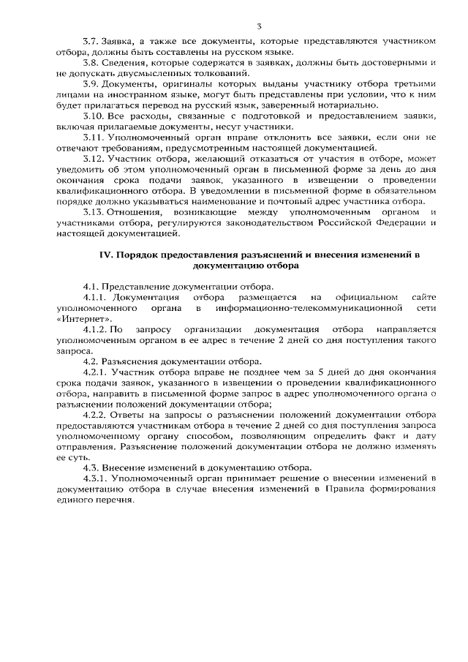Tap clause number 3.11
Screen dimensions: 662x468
point(95,138)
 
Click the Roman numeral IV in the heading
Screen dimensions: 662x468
point(105,255)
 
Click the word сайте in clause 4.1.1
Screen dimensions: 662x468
point(423,298)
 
